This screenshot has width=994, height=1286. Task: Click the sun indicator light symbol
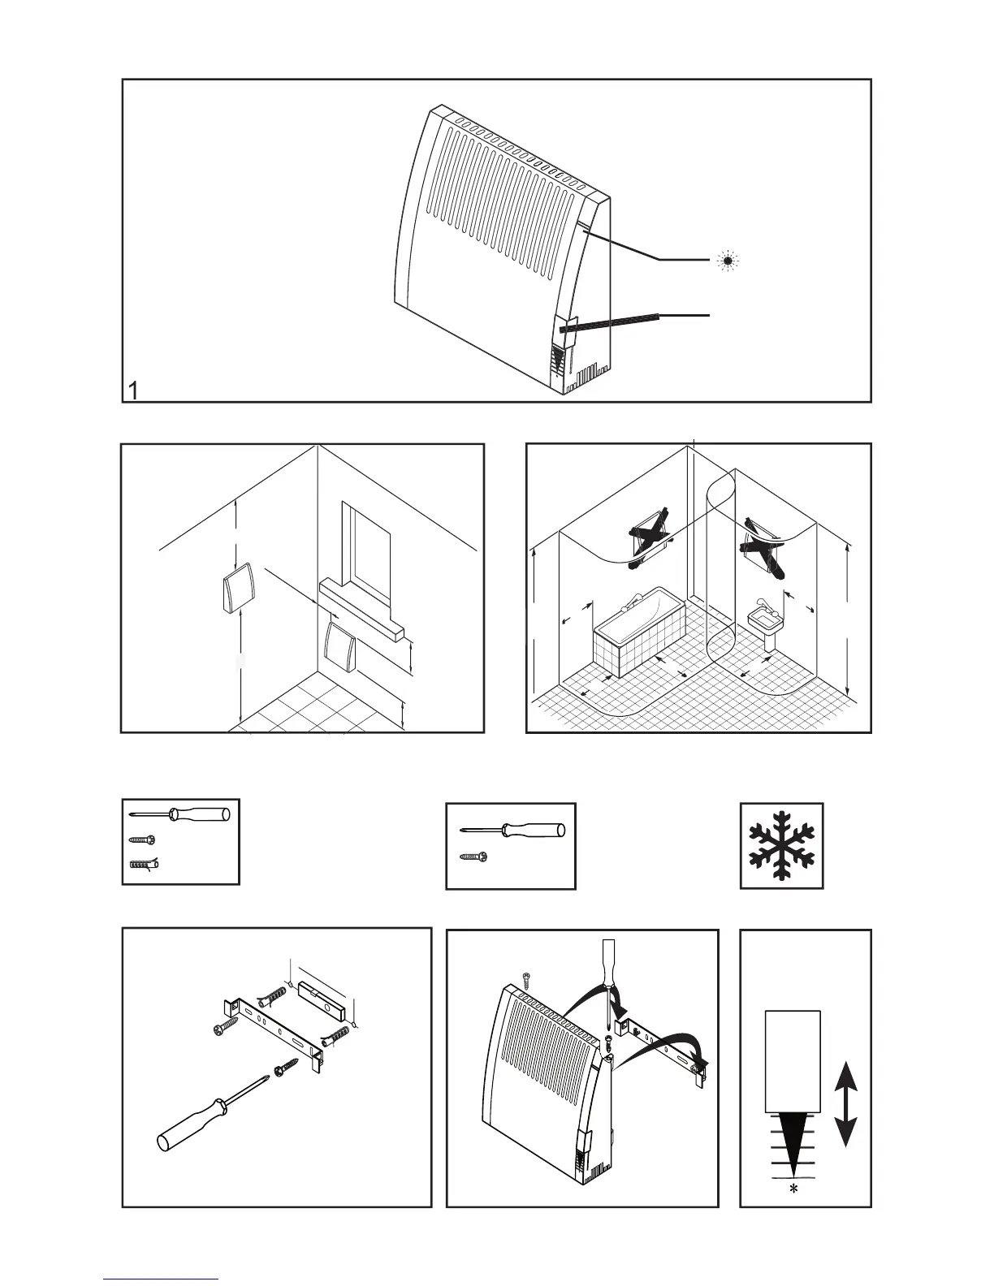point(728,261)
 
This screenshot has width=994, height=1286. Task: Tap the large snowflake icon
point(781,845)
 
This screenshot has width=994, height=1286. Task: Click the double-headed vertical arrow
point(846,1104)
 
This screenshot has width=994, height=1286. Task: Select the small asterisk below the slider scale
point(793,1188)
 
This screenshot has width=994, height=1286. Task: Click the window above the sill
point(368,540)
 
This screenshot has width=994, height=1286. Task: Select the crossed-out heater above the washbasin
point(763,546)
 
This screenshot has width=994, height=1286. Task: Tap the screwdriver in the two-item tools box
point(512,831)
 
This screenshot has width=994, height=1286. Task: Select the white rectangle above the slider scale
point(793,1060)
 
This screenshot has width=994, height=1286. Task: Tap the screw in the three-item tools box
point(141,841)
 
